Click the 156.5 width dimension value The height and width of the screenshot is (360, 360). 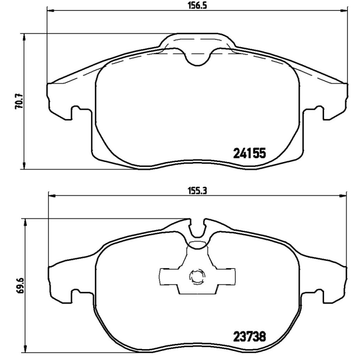(197, 5)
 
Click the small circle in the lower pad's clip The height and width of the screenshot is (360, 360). (197, 276)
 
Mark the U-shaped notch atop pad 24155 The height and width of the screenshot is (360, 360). (197, 57)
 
